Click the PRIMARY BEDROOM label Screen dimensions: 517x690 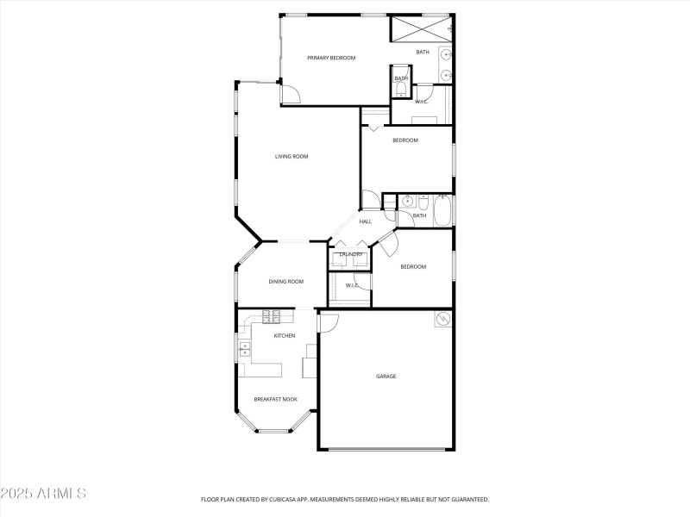[x=331, y=58]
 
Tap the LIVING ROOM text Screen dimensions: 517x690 [x=292, y=157]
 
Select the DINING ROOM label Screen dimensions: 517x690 [x=285, y=282]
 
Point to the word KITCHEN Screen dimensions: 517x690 [x=285, y=336]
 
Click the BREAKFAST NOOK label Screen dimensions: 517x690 [x=275, y=400]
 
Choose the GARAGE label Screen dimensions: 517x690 [x=386, y=377]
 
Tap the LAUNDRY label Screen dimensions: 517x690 [x=350, y=254]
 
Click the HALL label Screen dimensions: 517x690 [x=366, y=222]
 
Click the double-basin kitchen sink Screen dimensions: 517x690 [x=244, y=349]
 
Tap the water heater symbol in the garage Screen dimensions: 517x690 [x=443, y=319]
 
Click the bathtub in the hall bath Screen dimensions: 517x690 [x=442, y=210]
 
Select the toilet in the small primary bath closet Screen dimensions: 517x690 [x=401, y=88]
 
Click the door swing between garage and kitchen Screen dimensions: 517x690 [x=328, y=321]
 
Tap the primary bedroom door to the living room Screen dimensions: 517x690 [x=291, y=94]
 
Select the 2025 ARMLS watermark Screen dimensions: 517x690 [x=43, y=494]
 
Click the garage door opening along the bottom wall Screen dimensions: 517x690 [x=386, y=449]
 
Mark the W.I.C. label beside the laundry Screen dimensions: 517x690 [x=352, y=285]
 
